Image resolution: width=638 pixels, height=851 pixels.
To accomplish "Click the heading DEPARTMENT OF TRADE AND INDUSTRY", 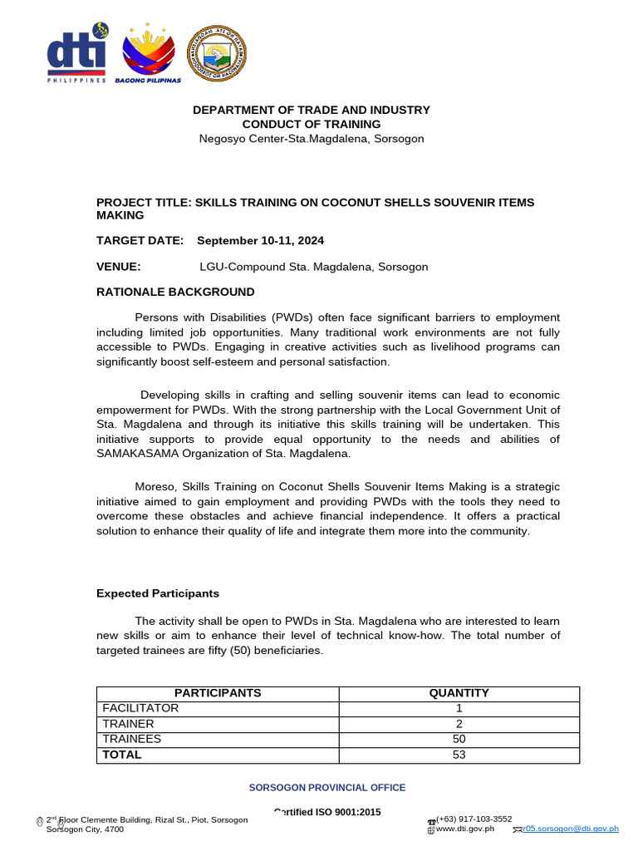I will (x=312, y=110).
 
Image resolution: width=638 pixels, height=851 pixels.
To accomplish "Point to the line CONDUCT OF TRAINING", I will (x=312, y=124).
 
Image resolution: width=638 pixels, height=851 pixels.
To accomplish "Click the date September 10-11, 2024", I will (x=260, y=240).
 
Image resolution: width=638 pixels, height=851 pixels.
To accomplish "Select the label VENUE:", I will (x=119, y=267).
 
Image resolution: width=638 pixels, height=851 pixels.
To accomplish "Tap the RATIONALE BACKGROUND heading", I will (x=175, y=292).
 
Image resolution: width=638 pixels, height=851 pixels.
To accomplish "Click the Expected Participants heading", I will (x=158, y=593).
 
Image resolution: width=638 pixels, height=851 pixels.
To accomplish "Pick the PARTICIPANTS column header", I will (x=218, y=693).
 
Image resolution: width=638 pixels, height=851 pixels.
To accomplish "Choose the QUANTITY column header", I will (x=459, y=693).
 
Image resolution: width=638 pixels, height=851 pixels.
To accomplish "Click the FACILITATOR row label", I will (x=140, y=708).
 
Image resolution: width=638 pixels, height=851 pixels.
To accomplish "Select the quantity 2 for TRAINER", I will (x=459, y=724).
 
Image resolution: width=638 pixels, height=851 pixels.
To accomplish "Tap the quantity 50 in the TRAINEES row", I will (x=459, y=739).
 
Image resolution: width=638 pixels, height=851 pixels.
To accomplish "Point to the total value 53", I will (x=459, y=755).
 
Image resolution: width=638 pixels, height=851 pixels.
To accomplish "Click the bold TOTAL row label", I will (x=122, y=755).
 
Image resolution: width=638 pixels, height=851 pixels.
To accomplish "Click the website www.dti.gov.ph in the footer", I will (x=465, y=829).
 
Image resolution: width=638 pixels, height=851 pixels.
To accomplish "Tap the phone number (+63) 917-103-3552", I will (x=474, y=819).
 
